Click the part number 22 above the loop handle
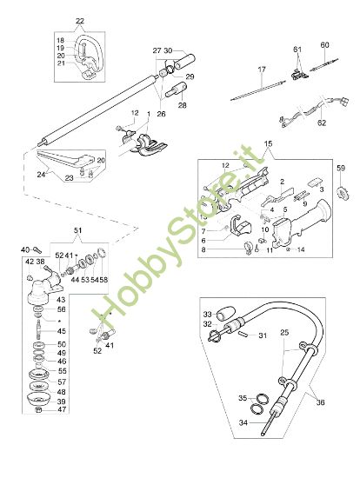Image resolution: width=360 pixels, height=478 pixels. [80, 21]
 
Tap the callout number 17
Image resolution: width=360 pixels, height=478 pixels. [261, 68]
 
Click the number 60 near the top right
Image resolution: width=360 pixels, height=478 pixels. [324, 44]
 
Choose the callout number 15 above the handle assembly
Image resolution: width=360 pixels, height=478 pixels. [268, 143]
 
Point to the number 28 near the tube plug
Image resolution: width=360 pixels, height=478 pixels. [182, 105]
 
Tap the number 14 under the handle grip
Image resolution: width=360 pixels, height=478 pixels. [302, 249]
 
